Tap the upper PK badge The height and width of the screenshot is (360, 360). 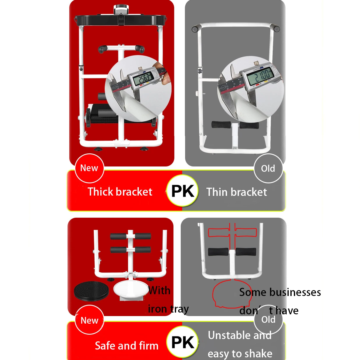[x=182, y=191]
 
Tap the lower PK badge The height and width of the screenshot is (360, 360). [x=182, y=342]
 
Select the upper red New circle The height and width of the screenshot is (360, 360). [x=89, y=168]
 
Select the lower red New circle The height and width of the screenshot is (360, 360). [x=89, y=320]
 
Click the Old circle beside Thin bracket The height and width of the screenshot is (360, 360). [x=268, y=169]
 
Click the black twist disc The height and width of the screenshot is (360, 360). [x=91, y=291]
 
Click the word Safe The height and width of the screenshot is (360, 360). [x=105, y=346]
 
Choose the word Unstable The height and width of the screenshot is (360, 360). [x=229, y=335]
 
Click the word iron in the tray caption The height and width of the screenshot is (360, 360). [x=157, y=309]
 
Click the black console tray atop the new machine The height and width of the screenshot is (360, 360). [x=121, y=20]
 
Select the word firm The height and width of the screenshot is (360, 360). [x=148, y=346]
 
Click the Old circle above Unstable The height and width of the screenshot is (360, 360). [x=268, y=320]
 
